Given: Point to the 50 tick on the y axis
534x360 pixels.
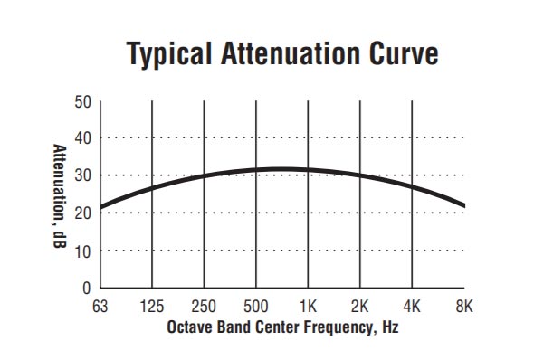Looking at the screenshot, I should (x=82, y=101).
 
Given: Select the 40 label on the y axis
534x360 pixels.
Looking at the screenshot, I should (x=82, y=138).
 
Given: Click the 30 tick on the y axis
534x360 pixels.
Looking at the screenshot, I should (x=82, y=175).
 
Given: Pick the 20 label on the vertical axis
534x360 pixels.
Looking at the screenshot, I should (x=82, y=213).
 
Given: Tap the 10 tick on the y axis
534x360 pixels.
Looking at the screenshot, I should (x=82, y=251).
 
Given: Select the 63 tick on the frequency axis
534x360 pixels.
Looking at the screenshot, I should (x=100, y=306).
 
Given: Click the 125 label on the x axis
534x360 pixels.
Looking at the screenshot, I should (x=152, y=306).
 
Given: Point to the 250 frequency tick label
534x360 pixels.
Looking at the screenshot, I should (x=205, y=306).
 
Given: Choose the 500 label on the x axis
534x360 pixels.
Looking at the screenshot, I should (x=256, y=306).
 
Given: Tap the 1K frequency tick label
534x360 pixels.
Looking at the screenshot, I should (x=309, y=306).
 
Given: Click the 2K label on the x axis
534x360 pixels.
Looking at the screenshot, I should (x=360, y=306).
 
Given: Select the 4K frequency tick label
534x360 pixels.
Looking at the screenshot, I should (x=413, y=306).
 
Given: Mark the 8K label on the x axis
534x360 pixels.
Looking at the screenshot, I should (x=464, y=306).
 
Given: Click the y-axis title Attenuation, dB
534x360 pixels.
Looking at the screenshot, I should (x=58, y=194).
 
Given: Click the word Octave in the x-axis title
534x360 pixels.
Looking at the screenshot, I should (x=188, y=326).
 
